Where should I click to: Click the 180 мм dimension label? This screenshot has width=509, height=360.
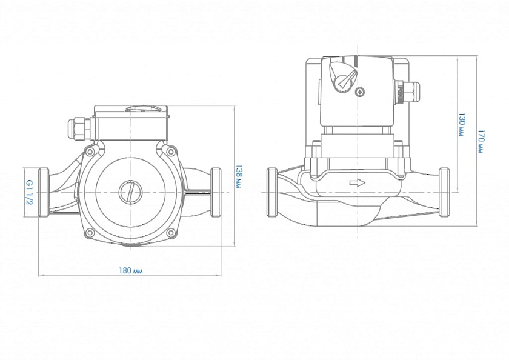tap(131, 270)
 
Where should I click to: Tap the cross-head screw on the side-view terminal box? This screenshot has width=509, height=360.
tap(362, 92)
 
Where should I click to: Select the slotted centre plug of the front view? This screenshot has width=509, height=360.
tap(130, 192)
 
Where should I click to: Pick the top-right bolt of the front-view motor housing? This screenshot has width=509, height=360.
tap(170, 151)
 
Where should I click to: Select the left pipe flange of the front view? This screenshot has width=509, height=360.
tap(44, 192)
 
